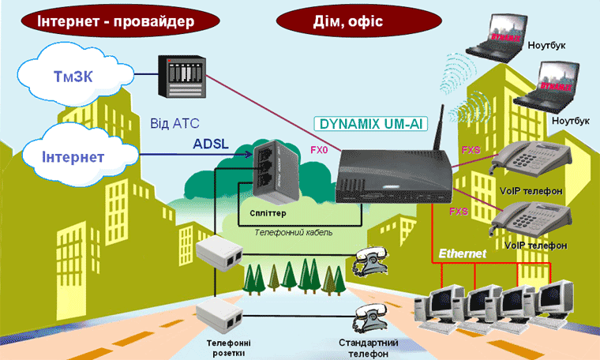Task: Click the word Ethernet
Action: (463, 253)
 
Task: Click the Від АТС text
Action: (174, 124)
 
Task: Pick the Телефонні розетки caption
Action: (229, 348)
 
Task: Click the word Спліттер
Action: (267, 214)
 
